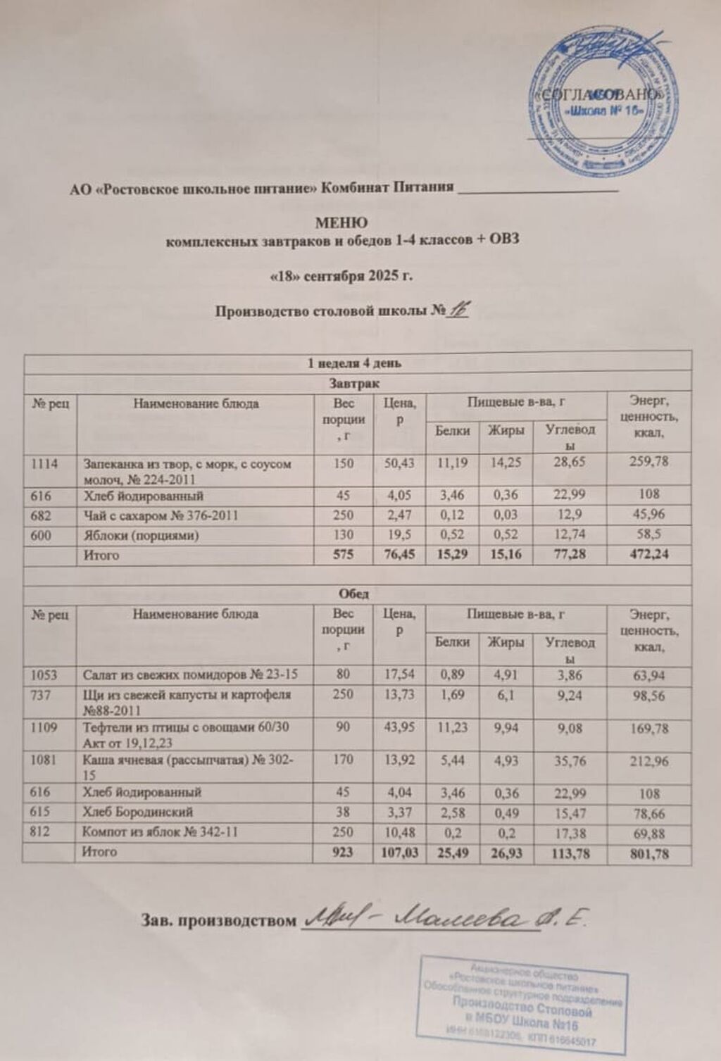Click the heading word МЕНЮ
[x=341, y=225]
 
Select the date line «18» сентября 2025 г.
[x=341, y=275]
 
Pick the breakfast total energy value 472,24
[x=649, y=555]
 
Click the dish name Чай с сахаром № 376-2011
[x=161, y=515]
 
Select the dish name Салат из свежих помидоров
[x=190, y=674]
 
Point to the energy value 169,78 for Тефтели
[x=649, y=728]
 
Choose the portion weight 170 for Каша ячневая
[x=343, y=761]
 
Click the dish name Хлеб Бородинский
[x=138, y=812]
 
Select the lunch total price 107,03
[x=398, y=853]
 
